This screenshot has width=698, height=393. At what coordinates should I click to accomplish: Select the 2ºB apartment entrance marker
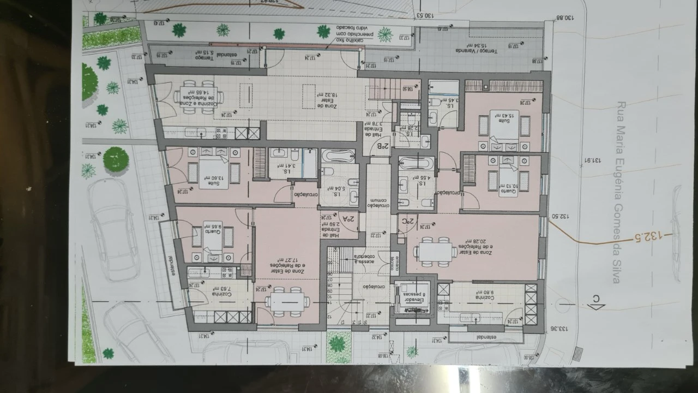pyautogui.click(x=383, y=146)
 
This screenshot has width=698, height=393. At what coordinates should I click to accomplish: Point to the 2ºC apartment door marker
pyautogui.click(x=408, y=222)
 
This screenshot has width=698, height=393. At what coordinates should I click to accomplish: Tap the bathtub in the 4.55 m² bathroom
pyautogui.click(x=416, y=163)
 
